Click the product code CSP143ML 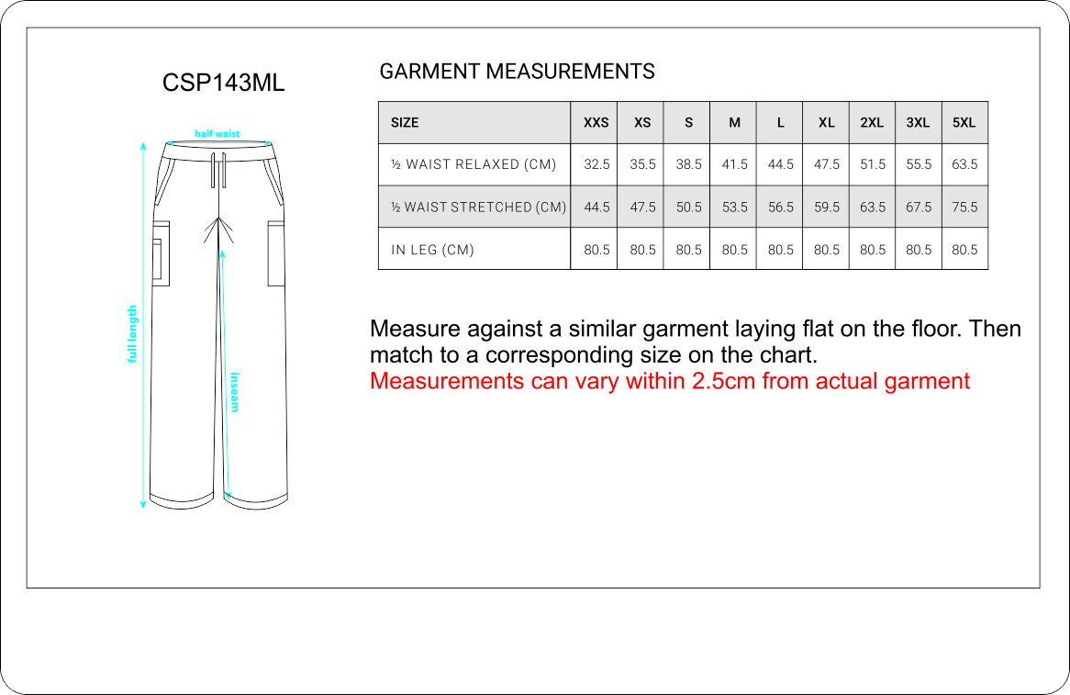(x=223, y=83)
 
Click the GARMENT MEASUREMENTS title (x=517, y=71)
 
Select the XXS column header (x=596, y=123)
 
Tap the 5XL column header (x=964, y=123)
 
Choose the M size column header (x=734, y=123)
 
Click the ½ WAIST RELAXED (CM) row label (x=474, y=164)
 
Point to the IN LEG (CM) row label (x=432, y=250)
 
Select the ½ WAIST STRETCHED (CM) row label (x=478, y=207)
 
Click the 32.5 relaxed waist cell (x=596, y=164)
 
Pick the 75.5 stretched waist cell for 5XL (x=964, y=207)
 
